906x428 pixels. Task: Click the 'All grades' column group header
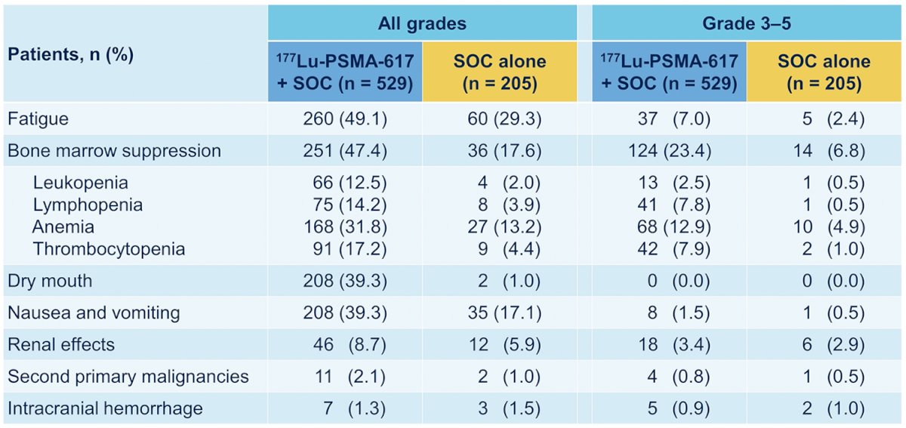[422, 23]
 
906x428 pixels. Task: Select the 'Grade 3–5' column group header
[747, 23]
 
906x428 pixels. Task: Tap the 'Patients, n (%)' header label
[70, 54]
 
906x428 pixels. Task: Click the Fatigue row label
[38, 119]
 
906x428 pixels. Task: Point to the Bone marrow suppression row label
[115, 151]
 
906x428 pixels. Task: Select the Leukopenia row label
[81, 183]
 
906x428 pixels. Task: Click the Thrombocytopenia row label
[109, 249]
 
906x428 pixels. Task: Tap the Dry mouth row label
[50, 281]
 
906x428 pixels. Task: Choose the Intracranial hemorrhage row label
[105, 408]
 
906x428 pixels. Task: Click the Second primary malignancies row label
[128, 377]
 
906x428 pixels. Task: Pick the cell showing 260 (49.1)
[345, 119]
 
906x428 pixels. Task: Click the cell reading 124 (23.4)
[670, 151]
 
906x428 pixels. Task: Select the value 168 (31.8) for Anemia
[345, 226]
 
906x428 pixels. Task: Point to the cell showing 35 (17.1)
[504, 313]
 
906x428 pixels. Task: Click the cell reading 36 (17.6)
[504, 151]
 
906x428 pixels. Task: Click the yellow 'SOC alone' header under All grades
[500, 72]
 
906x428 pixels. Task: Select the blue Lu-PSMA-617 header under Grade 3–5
[670, 72]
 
